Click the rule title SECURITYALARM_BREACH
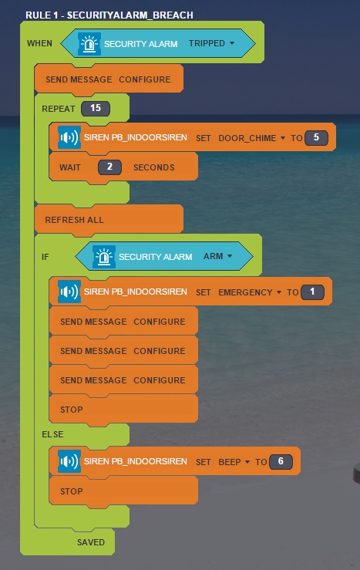pos(130,15)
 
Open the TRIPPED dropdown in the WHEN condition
pos(211,43)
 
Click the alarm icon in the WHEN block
pos(89,44)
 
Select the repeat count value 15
pos(96,108)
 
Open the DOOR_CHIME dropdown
pos(251,138)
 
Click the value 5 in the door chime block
pos(316,138)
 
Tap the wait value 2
pos(109,167)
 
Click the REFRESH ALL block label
pos(75,220)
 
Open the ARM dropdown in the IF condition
pos(217,256)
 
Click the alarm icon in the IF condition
pos(104,257)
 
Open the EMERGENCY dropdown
pos(250,292)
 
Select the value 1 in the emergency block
pos(312,292)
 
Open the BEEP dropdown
pos(234,462)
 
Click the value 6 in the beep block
pos(281,462)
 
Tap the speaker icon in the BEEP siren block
pos(69,462)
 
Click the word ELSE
pos(52,434)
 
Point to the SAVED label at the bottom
pos(91,542)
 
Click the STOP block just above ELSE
pos(123,410)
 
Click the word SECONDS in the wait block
pos(154,167)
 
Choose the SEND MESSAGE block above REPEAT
pos(109,79)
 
